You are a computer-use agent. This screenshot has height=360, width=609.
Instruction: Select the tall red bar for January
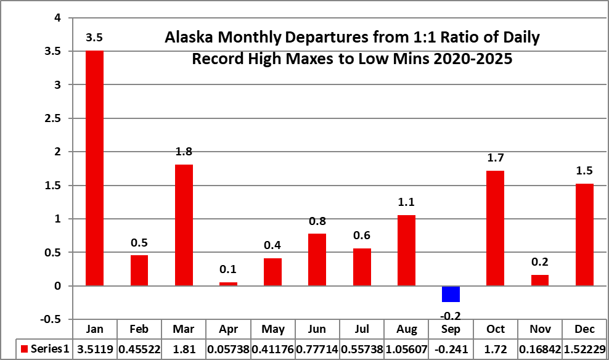click(x=94, y=168)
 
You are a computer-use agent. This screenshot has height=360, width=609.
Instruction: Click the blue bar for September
click(x=451, y=294)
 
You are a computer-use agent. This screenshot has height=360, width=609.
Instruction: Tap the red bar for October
click(x=495, y=228)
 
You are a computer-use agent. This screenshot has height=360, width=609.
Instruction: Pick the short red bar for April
click(x=228, y=284)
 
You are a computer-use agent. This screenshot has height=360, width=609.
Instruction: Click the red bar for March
click(x=184, y=225)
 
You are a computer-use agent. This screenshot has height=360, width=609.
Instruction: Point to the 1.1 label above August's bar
click(x=406, y=202)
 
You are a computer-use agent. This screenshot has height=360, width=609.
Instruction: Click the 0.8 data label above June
click(x=317, y=221)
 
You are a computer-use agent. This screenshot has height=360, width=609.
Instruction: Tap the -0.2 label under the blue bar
click(x=451, y=316)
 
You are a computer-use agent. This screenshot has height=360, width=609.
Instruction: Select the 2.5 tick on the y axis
click(x=53, y=118)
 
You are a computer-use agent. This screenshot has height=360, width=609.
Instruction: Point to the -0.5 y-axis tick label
click(x=51, y=319)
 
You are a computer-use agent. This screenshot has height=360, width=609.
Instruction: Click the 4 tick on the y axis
click(x=58, y=18)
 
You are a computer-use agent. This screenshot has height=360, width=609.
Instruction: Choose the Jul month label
click(x=362, y=329)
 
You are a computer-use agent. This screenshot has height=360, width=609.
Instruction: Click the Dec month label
click(x=584, y=329)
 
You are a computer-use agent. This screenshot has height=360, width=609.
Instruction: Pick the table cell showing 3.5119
click(x=95, y=350)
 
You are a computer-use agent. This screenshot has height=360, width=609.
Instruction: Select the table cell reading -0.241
click(x=451, y=350)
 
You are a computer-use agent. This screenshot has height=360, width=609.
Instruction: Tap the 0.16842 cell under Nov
click(x=540, y=350)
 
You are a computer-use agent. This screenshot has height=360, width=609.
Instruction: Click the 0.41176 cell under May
click(x=272, y=350)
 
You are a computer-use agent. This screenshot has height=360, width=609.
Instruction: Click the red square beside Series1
click(x=25, y=349)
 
